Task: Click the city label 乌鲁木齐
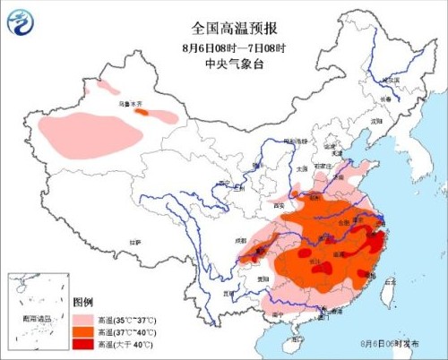coord(133,105)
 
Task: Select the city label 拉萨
coord(134,242)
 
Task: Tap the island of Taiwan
coord(384,295)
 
